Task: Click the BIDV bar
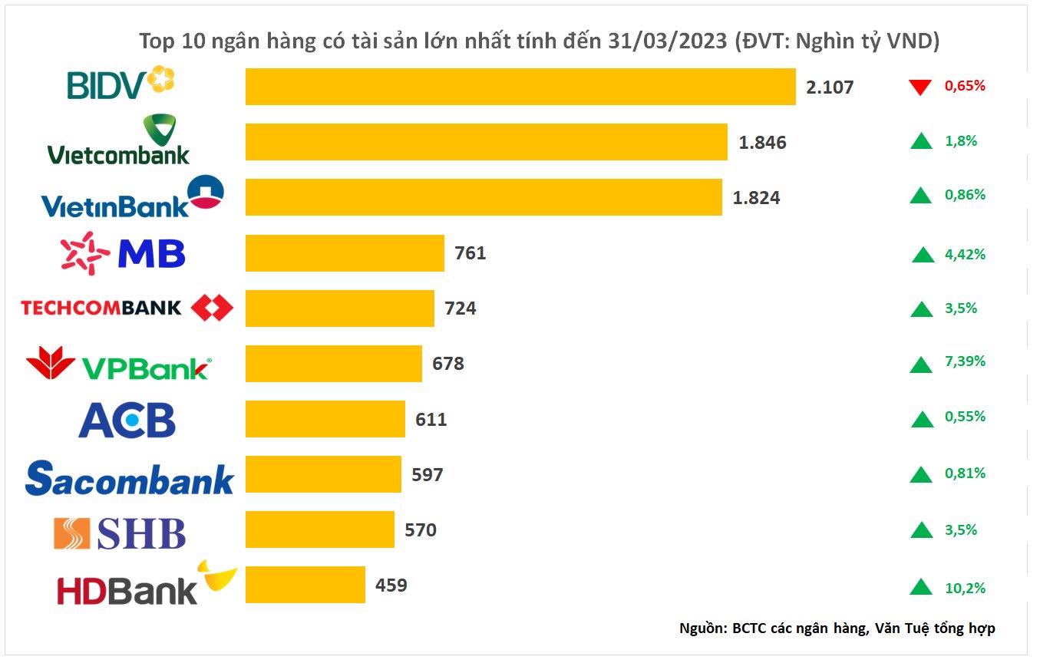click(520, 86)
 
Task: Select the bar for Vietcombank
click(486, 142)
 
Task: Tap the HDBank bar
click(305, 585)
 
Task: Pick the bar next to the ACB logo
click(325, 419)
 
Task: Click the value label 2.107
click(830, 87)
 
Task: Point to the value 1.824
click(756, 198)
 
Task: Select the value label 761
click(470, 253)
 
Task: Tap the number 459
click(391, 585)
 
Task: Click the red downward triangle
click(919, 87)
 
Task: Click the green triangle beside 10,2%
click(920, 588)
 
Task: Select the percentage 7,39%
click(965, 361)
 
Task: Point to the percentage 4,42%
click(965, 254)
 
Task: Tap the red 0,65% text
click(964, 86)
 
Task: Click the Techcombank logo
click(127, 308)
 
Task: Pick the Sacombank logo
click(129, 477)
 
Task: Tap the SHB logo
click(119, 533)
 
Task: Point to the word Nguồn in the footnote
click(702, 628)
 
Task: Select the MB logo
click(124, 252)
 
